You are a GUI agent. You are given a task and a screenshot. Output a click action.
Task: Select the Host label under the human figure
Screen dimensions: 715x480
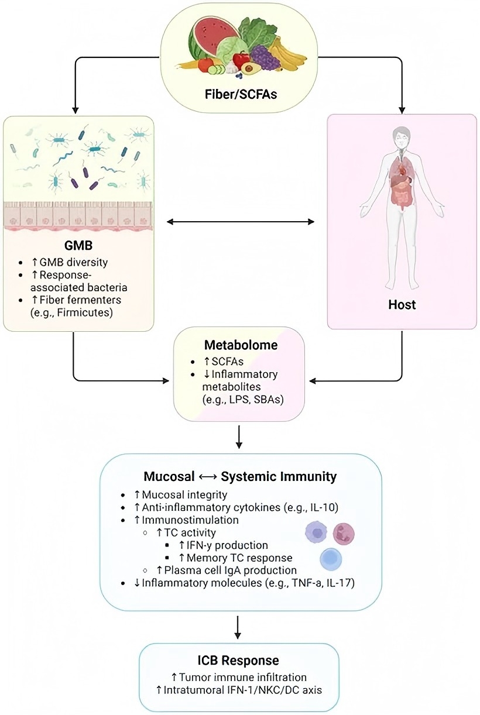[402, 304]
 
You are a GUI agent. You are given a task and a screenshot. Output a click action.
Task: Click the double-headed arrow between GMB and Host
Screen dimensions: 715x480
[241, 222]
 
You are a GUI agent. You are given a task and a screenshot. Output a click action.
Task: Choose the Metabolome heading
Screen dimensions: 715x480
[240, 345]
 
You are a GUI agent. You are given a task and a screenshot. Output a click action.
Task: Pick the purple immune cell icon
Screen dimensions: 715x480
[316, 533]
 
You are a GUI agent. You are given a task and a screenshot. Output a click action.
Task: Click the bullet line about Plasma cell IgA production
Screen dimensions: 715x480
[228, 569]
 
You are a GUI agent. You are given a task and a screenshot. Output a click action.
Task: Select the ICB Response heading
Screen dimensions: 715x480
[239, 661]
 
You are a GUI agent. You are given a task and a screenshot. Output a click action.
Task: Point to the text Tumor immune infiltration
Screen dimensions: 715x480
[238, 678]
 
